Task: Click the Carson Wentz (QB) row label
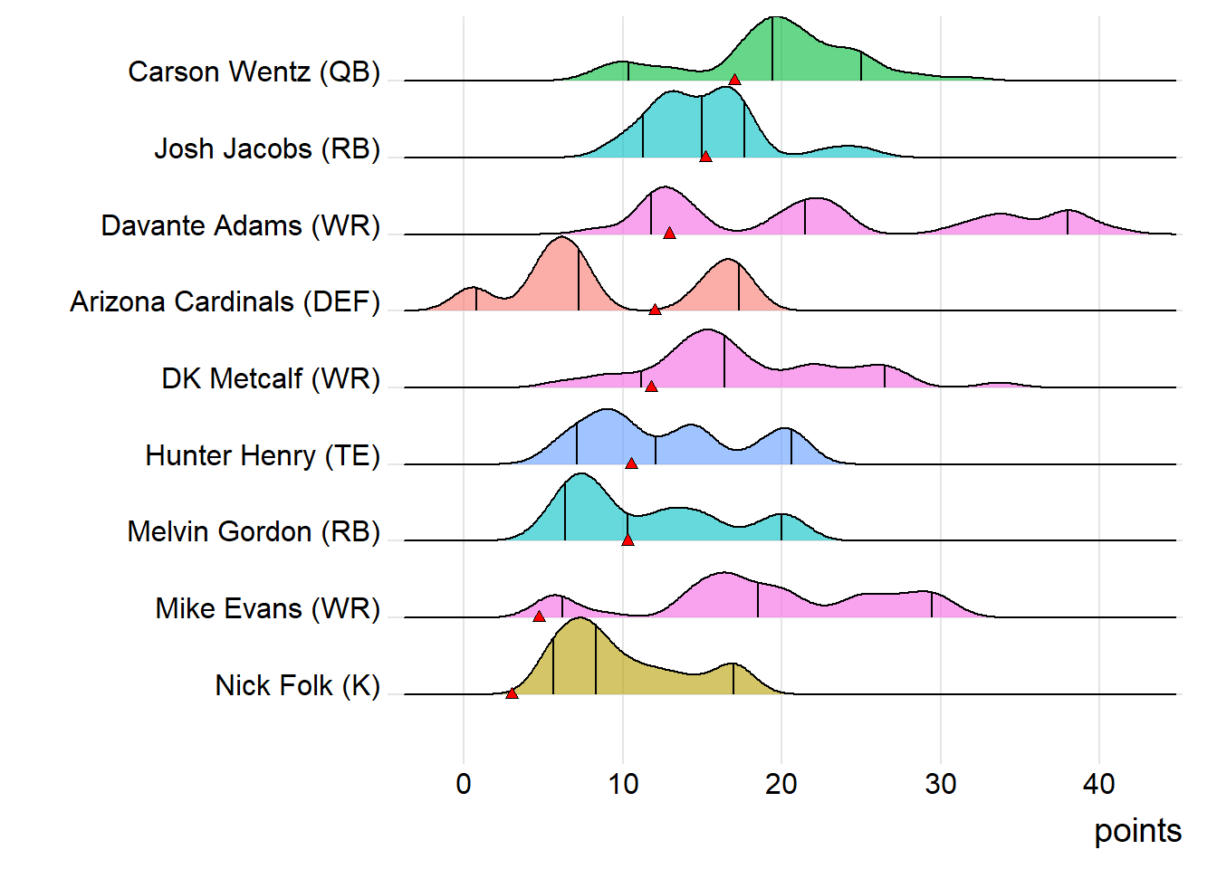(x=254, y=72)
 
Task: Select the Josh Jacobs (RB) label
(x=267, y=148)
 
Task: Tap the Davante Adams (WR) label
(x=240, y=225)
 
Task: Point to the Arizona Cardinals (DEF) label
(x=225, y=301)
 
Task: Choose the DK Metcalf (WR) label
(x=271, y=378)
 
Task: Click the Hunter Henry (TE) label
(x=263, y=455)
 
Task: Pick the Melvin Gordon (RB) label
(x=254, y=531)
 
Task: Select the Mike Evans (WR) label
(x=267, y=608)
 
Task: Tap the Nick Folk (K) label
(x=297, y=685)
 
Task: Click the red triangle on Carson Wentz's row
(x=734, y=81)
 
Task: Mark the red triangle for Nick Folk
(x=512, y=693)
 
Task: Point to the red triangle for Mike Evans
(x=539, y=616)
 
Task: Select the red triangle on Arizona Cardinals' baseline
(x=655, y=310)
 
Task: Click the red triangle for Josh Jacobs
(x=705, y=157)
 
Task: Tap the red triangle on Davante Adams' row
(x=669, y=234)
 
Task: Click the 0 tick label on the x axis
(x=464, y=784)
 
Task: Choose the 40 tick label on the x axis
(x=1099, y=784)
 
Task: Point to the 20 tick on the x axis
(x=781, y=784)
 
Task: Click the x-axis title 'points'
(x=1137, y=831)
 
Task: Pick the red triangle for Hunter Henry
(x=631, y=463)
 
